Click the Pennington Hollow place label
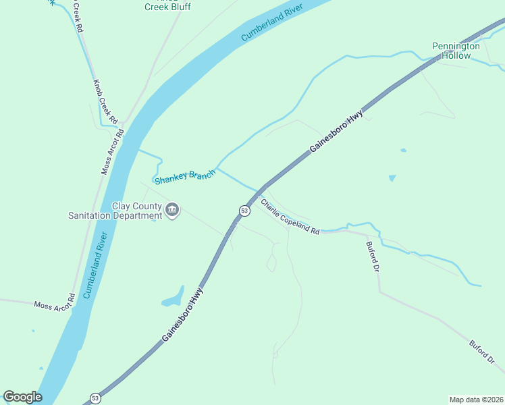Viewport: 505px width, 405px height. tap(456, 51)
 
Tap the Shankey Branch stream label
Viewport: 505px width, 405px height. tap(185, 177)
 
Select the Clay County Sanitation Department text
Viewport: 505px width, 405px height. tap(115, 211)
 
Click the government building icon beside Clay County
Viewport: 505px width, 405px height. tap(173, 210)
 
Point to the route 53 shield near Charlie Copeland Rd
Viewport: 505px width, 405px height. tap(244, 211)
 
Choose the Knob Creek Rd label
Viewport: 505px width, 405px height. tap(105, 102)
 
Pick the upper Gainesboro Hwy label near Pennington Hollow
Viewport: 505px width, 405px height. tap(337, 131)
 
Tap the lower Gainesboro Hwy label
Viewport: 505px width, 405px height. tap(182, 315)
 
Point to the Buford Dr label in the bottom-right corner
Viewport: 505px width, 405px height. tap(483, 353)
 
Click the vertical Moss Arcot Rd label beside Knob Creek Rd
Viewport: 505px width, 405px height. tap(113, 151)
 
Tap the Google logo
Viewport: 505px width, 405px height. tap(22, 397)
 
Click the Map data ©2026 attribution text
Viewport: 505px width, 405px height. tap(476, 399)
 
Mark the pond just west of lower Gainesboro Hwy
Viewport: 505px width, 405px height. tap(173, 298)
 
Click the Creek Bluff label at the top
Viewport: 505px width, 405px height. tap(168, 7)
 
